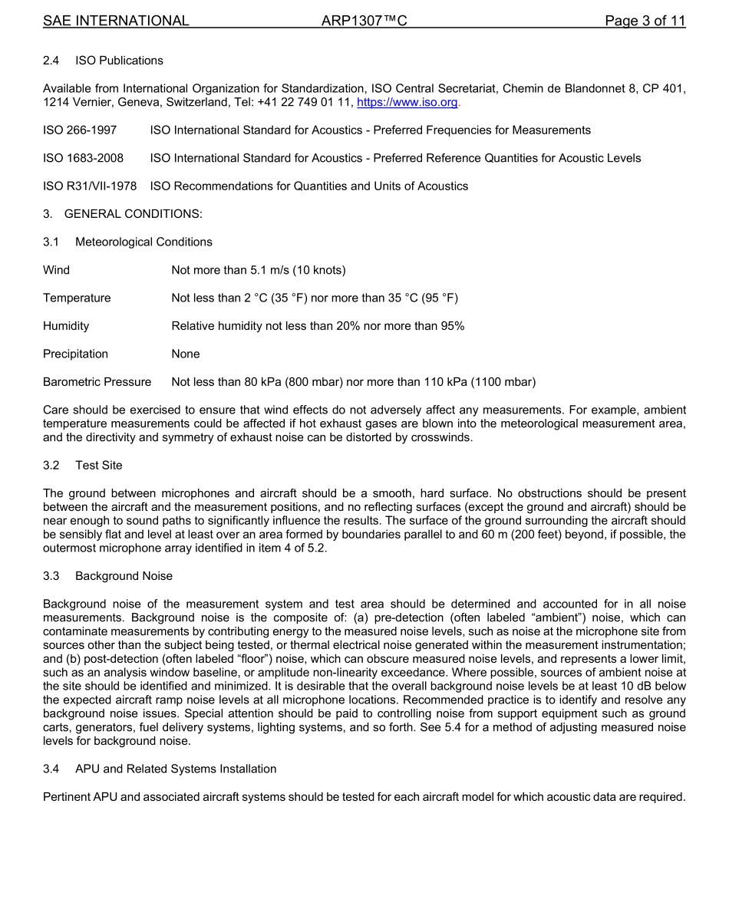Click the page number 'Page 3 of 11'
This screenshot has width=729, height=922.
click(x=645, y=21)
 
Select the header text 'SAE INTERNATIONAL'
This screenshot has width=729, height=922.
click(x=116, y=21)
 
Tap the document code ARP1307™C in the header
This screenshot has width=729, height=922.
click(x=364, y=21)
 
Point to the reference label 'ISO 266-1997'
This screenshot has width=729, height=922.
click(x=80, y=130)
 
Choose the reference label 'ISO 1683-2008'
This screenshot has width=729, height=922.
click(x=83, y=158)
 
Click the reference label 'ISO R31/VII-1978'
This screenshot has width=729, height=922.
click(x=90, y=186)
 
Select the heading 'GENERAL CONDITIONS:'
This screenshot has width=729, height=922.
click(x=134, y=214)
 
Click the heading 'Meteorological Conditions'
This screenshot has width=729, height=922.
click(x=143, y=242)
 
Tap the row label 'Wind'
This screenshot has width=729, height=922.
click(x=56, y=270)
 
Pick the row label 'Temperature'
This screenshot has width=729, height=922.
click(x=77, y=298)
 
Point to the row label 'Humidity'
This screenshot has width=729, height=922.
click(x=66, y=326)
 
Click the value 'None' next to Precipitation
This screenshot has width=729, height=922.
click(x=186, y=354)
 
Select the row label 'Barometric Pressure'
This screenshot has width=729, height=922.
click(x=97, y=382)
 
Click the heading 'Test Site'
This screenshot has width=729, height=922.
click(x=98, y=466)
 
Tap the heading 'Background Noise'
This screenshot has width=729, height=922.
click(x=124, y=576)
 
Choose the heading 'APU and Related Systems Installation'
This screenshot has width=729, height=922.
click(x=176, y=769)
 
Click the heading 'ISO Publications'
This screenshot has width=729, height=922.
click(x=119, y=61)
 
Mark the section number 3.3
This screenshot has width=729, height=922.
click(x=51, y=576)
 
